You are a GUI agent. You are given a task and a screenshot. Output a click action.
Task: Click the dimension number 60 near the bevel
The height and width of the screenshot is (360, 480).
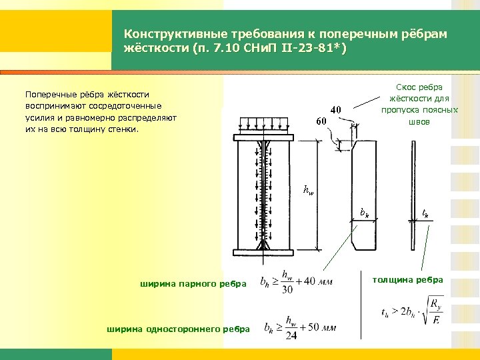pos(321,121)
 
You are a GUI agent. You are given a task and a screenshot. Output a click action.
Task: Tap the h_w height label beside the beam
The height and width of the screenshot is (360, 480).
pos(308,190)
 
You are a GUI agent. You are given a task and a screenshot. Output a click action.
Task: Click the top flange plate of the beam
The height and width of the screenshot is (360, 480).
pos(266,138)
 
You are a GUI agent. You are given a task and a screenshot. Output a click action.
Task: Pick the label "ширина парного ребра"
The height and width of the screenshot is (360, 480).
pos(193,285)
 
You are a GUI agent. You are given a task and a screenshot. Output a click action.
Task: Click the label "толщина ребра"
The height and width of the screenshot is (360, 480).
pos(407,279)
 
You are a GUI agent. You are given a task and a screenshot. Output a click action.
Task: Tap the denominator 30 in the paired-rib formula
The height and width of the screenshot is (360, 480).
pos(287,290)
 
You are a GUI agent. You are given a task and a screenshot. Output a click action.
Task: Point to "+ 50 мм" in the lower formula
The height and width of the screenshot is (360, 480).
pos(315,328)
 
